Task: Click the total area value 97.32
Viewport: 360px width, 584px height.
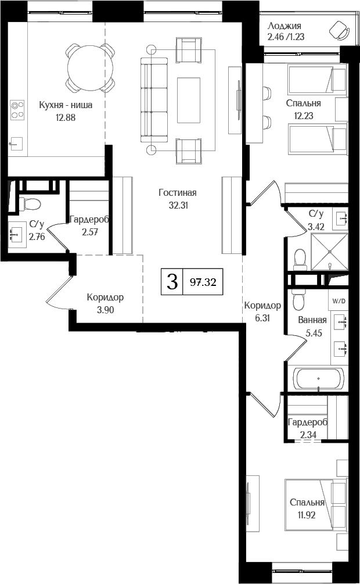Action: click(203, 283)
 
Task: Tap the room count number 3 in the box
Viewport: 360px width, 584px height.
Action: click(172, 282)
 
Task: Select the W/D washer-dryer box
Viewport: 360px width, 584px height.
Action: click(338, 301)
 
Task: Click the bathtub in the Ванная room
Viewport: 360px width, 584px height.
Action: click(318, 378)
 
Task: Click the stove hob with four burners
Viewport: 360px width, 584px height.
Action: click(17, 109)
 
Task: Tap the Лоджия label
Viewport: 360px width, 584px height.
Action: click(285, 26)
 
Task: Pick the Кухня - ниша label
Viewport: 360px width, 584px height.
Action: click(66, 105)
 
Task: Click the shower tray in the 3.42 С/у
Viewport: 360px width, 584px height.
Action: click(330, 252)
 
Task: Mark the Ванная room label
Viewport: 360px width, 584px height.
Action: click(312, 320)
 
